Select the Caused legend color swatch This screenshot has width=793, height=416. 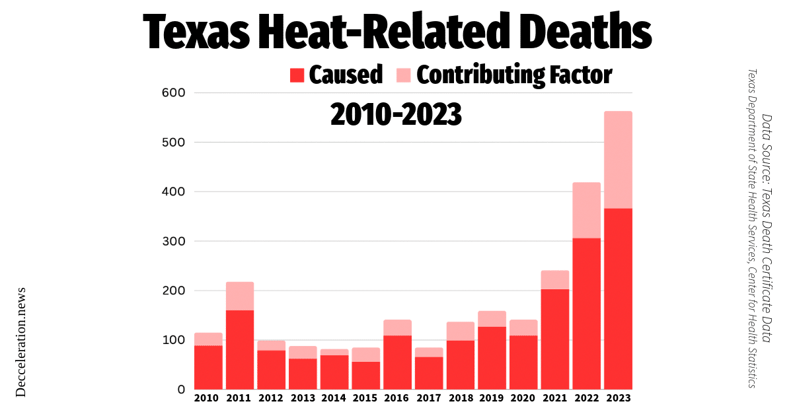click(x=297, y=75)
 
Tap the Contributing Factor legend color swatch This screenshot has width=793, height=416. click(x=404, y=75)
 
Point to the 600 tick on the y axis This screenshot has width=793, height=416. click(x=172, y=93)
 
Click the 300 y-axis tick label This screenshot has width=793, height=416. click(x=172, y=242)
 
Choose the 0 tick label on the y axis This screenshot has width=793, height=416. click(x=180, y=390)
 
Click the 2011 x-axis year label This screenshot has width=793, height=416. click(x=240, y=398)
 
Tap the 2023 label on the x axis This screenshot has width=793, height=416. click(x=618, y=398)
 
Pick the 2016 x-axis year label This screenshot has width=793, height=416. click(x=397, y=398)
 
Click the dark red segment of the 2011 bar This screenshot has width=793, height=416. click(x=240, y=349)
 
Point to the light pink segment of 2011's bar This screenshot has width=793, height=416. click(x=240, y=296)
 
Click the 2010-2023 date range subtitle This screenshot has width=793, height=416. click(x=395, y=115)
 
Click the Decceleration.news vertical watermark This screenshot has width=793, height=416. click(x=20, y=341)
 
